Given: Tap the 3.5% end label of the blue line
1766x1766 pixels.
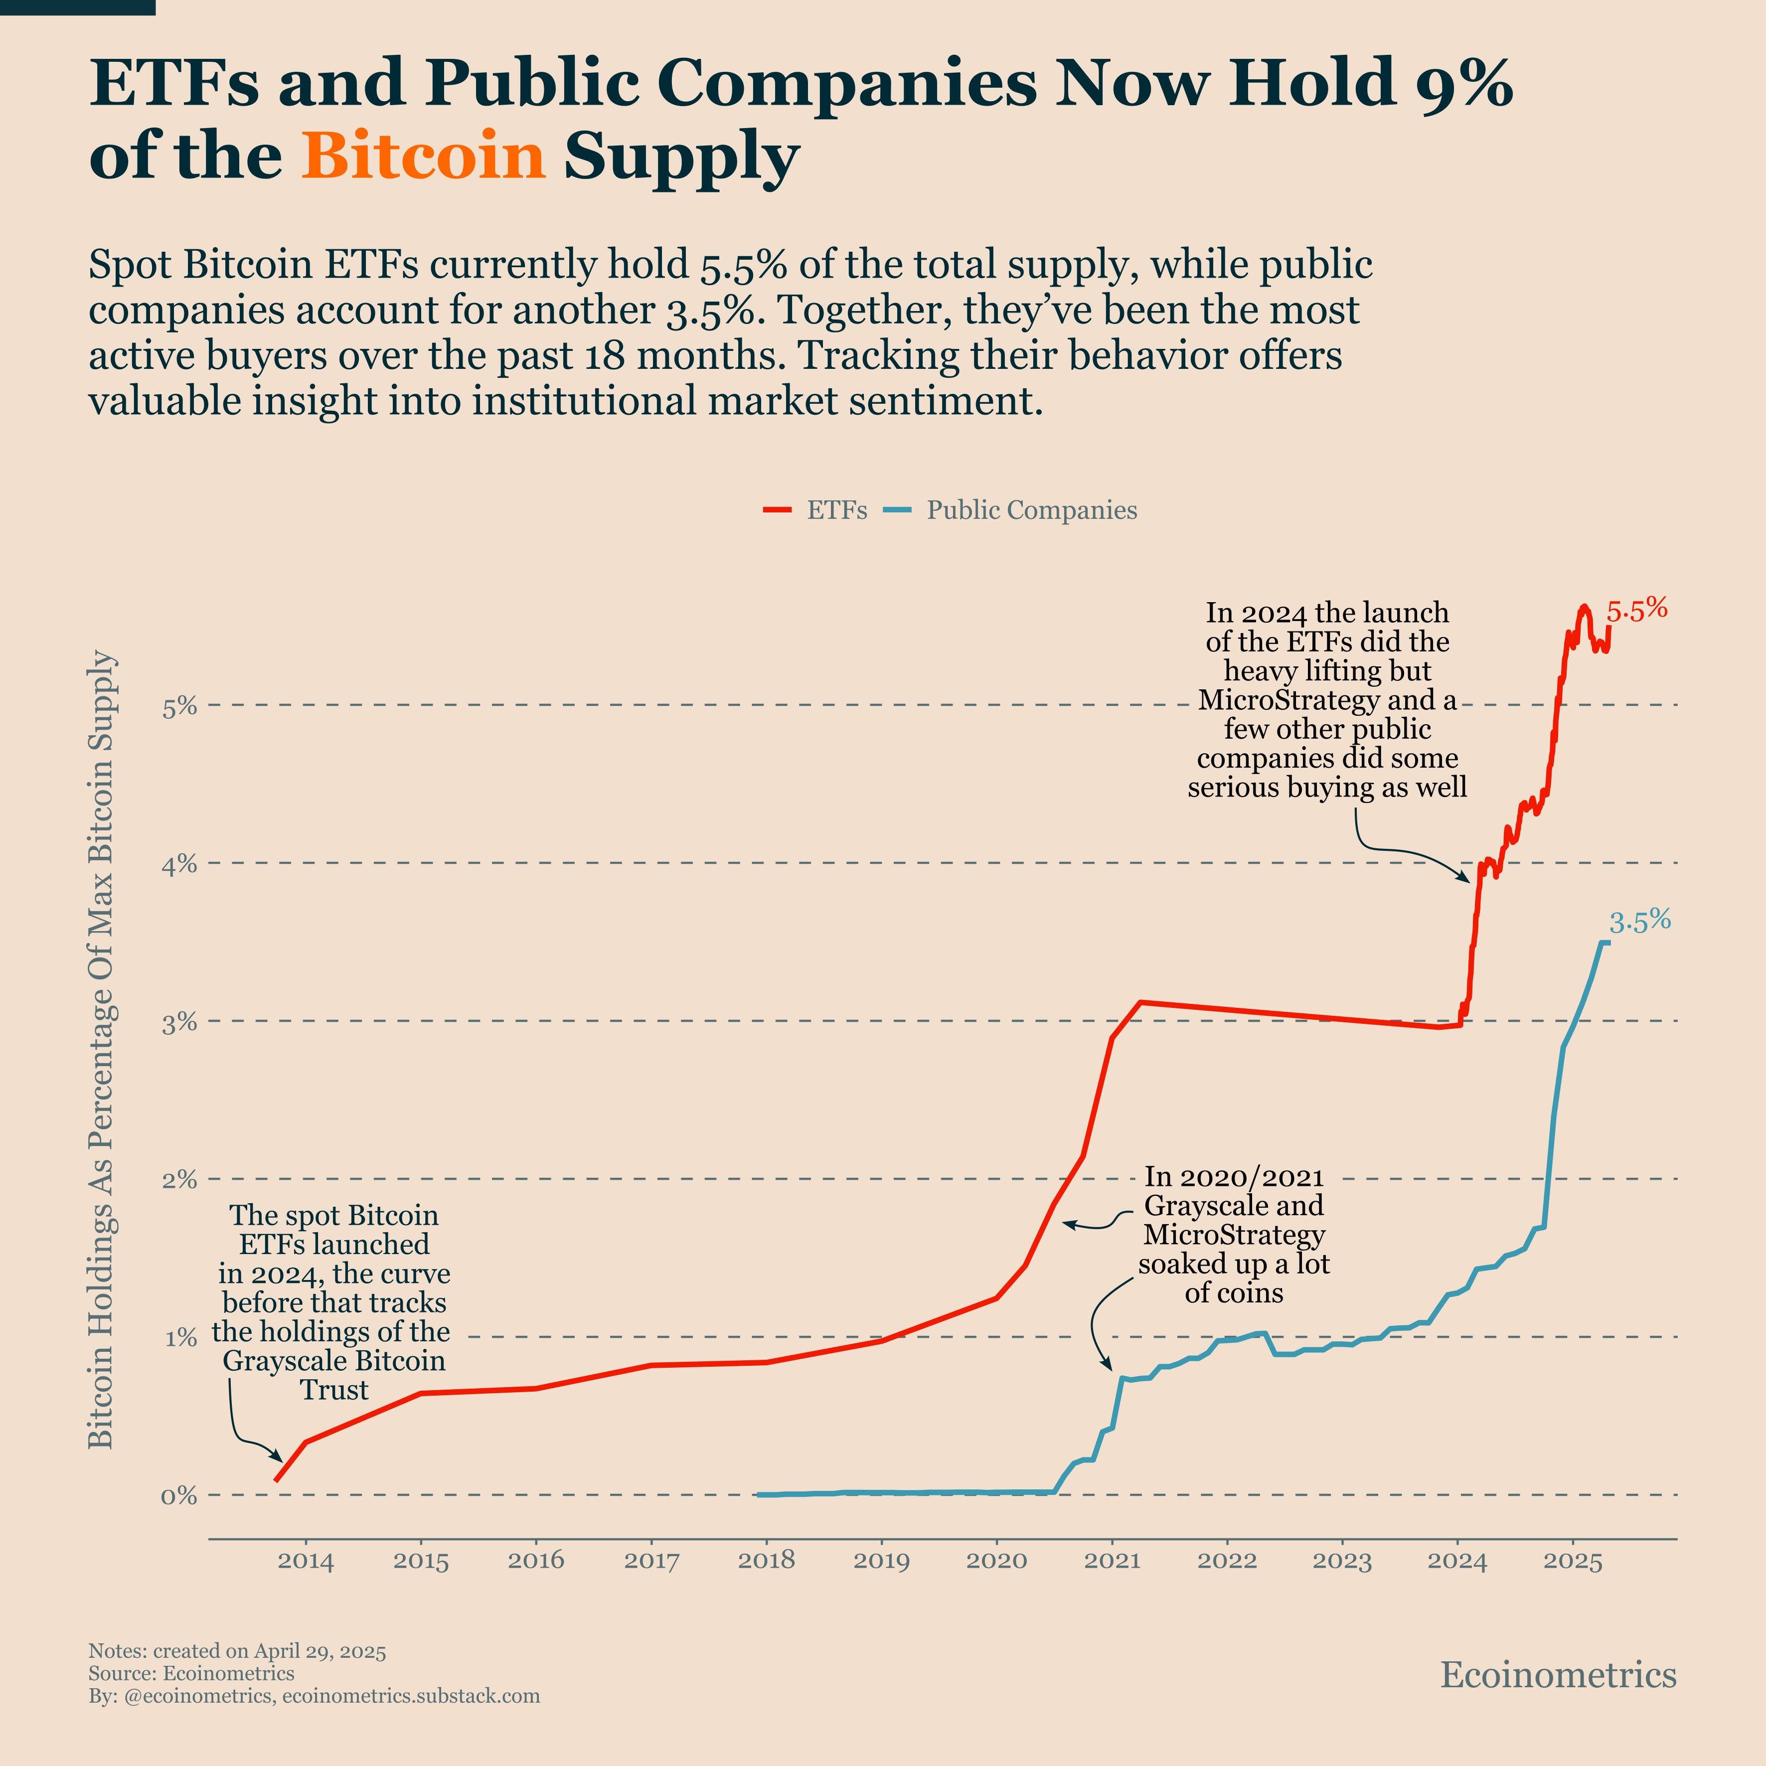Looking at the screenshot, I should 1640,922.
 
